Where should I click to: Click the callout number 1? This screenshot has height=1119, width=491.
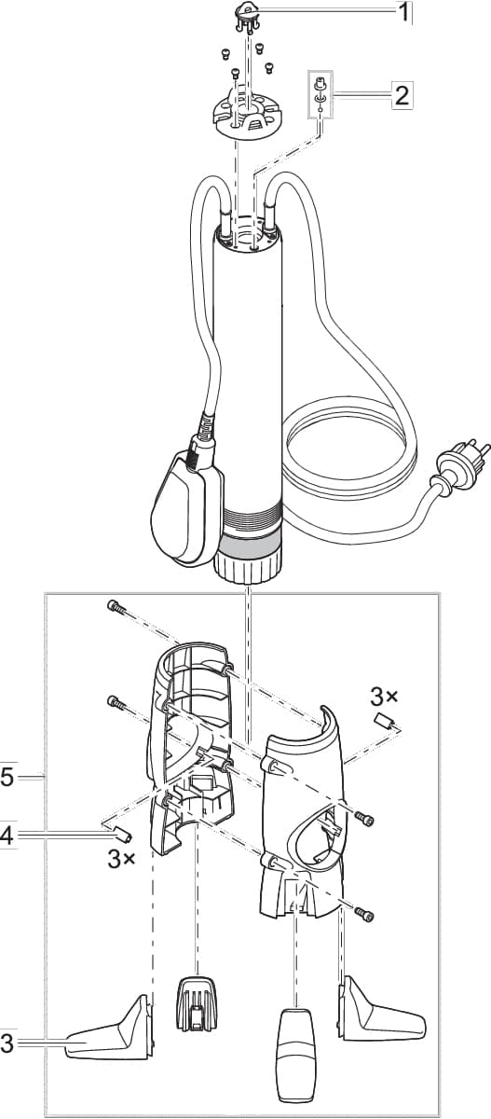(403, 14)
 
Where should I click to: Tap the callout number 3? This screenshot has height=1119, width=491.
(7, 1043)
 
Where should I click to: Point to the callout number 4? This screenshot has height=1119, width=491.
(7, 836)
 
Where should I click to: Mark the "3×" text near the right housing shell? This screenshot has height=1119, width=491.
(384, 696)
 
